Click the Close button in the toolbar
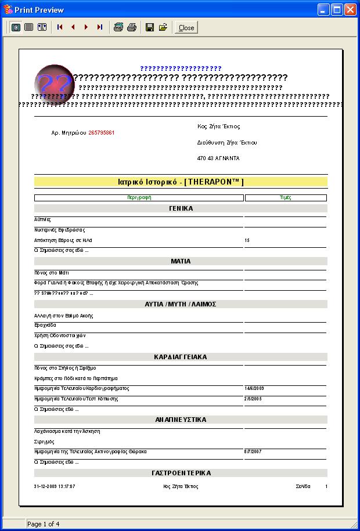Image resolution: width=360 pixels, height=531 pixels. (x=186, y=27)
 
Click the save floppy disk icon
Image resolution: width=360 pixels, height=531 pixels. (x=149, y=27)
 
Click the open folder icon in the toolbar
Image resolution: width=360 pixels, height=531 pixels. (x=163, y=27)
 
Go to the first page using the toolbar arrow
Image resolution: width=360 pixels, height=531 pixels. (x=60, y=27)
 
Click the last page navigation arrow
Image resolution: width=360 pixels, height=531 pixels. (x=99, y=27)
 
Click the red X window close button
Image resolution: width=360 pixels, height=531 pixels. (x=350, y=10)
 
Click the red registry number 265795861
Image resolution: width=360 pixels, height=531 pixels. (x=102, y=133)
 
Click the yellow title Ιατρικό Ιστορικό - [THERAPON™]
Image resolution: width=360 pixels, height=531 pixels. (x=181, y=182)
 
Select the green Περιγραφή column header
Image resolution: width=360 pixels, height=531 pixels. (x=139, y=198)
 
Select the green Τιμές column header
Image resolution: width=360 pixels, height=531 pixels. (x=286, y=198)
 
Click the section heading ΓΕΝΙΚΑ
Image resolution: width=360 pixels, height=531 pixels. (x=181, y=208)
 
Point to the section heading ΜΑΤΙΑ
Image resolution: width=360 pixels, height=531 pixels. (x=181, y=261)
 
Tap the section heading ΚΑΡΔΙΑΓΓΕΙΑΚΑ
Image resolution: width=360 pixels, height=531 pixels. (x=181, y=357)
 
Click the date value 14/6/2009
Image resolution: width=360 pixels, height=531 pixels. (x=254, y=388)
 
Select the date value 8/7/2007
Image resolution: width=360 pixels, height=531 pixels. (x=253, y=451)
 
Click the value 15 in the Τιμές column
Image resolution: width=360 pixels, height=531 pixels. (x=247, y=240)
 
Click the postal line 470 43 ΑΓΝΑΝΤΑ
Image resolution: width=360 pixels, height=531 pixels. (x=218, y=158)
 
